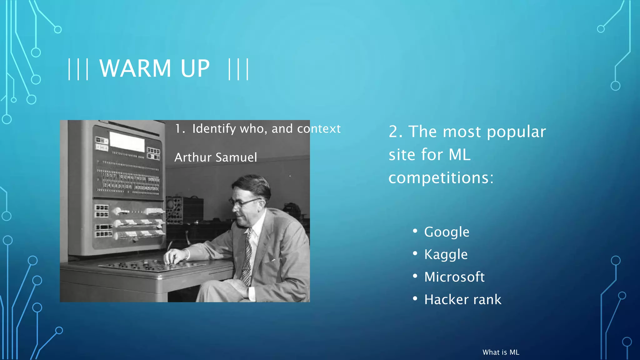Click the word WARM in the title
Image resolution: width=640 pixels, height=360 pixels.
tap(135, 68)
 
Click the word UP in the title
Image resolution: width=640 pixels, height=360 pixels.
tap(195, 68)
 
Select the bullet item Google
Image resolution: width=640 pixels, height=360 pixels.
tap(447, 232)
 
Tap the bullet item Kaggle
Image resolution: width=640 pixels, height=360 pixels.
tap(446, 254)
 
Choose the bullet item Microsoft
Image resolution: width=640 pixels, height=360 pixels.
tap(454, 277)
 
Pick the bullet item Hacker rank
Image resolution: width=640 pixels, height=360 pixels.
tap(462, 299)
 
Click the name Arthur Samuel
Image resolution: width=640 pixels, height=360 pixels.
tap(216, 157)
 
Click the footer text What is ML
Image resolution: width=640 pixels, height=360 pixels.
tap(501, 352)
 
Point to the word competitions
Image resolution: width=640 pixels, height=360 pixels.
tap(441, 178)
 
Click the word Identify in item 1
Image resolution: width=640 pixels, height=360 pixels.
tap(214, 129)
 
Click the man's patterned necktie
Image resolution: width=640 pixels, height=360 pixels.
tap(247, 256)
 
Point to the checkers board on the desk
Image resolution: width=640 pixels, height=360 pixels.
tap(150, 266)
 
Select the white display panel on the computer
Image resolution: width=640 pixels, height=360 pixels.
tap(127, 142)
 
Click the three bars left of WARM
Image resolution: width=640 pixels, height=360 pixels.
tap(78, 69)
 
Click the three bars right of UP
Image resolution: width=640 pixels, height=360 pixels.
tap(238, 69)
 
